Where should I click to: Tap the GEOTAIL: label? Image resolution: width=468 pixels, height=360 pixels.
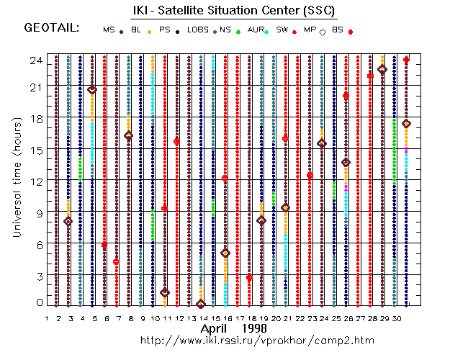(x=51, y=28)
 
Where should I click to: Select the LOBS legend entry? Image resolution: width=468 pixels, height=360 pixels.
(x=197, y=30)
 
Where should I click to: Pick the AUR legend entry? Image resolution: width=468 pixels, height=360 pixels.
(x=255, y=30)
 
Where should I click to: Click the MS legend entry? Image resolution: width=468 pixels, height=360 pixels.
(x=109, y=30)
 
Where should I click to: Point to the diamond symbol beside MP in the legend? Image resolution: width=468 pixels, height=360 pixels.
(x=323, y=32)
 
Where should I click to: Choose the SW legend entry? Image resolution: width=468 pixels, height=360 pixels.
(x=282, y=30)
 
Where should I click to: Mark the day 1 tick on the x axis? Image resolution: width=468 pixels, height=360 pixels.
(x=47, y=318)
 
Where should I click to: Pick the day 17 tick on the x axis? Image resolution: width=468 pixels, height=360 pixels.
(x=238, y=318)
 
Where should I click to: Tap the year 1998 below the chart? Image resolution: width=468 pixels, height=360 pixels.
(x=255, y=328)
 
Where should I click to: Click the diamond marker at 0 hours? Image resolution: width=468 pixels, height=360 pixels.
(x=201, y=304)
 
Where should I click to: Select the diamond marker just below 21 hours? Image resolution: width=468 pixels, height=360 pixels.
(x=92, y=89)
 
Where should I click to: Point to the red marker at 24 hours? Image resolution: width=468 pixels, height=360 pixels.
(x=406, y=60)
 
